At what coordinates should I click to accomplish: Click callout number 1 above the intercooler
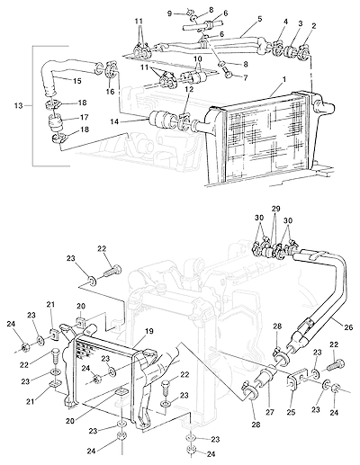click(x=284, y=79)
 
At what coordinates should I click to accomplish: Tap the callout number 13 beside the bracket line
click(x=18, y=105)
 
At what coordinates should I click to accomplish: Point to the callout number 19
click(x=149, y=331)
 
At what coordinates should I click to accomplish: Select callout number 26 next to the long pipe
click(x=348, y=327)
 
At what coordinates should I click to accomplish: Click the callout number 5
click(x=259, y=19)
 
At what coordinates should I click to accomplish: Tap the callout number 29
click(x=275, y=209)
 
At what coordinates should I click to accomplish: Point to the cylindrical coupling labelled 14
click(x=160, y=120)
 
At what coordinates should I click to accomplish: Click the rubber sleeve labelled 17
click(x=55, y=123)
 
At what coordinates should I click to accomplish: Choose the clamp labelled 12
click(x=184, y=122)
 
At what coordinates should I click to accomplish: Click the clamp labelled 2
click(x=305, y=50)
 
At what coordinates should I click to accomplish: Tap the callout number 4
click(x=286, y=22)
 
